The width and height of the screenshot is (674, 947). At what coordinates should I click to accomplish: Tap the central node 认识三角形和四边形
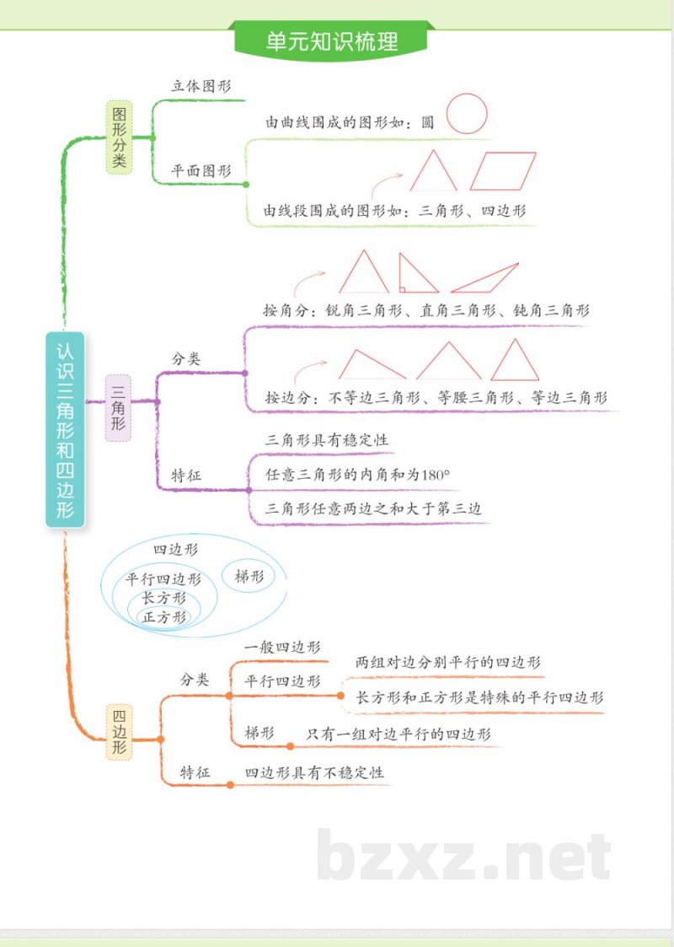click(66, 429)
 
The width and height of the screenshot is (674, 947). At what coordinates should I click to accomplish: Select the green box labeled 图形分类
click(120, 137)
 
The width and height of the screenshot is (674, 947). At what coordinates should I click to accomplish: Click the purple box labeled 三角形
click(118, 408)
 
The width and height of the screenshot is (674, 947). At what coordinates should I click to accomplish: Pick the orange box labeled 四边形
click(119, 732)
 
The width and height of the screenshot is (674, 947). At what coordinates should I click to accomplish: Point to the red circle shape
click(467, 113)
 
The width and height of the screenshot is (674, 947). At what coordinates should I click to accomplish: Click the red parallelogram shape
click(503, 171)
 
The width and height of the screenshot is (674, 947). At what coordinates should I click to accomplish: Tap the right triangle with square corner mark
click(415, 276)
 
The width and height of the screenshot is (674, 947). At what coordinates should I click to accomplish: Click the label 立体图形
click(201, 85)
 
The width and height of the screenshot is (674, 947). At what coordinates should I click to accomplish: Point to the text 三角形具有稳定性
click(327, 440)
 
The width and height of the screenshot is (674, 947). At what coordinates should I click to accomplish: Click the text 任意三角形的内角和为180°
click(358, 475)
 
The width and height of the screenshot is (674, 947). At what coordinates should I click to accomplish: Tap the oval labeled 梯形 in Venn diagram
click(249, 577)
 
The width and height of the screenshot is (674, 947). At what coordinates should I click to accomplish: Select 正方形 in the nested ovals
click(164, 617)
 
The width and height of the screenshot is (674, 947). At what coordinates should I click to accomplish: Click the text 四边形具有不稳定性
click(314, 772)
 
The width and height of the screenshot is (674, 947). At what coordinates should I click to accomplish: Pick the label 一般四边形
click(281, 648)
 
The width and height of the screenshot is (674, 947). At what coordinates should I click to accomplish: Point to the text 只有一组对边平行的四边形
click(399, 734)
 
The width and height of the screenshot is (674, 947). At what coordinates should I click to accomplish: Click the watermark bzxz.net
click(464, 856)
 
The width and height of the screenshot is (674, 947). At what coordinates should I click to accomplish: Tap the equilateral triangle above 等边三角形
click(515, 361)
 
